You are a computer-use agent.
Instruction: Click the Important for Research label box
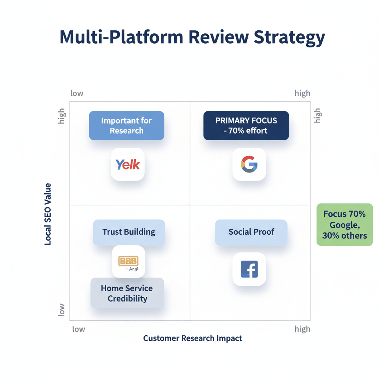127,125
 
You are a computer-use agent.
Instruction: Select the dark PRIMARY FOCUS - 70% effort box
246,125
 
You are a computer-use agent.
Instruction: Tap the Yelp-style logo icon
128,164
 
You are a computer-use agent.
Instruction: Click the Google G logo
249,164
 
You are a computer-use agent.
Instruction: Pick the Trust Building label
129,232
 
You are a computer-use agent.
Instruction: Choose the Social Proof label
251,232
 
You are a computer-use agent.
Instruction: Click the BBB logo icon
128,261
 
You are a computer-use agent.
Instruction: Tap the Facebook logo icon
249,269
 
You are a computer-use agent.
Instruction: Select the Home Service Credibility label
127,293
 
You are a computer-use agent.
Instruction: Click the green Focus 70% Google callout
345,224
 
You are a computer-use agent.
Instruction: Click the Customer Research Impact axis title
192,338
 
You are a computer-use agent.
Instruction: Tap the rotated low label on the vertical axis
61,309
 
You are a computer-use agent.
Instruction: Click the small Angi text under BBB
134,269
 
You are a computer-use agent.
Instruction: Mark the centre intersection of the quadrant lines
190,205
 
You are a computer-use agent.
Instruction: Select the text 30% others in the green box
345,235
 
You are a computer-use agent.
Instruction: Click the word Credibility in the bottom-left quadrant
127,299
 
